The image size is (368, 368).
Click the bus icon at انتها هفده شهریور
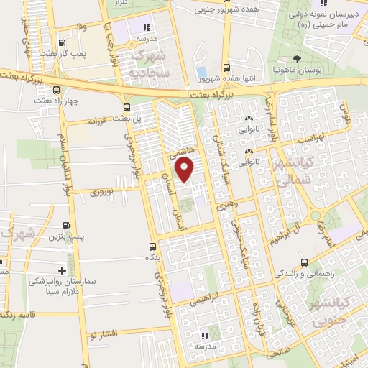click(227, 65)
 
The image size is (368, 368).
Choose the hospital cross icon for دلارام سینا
click(62, 271)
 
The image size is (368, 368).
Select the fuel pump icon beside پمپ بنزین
click(66, 225)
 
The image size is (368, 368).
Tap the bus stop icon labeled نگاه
click(152, 247)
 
